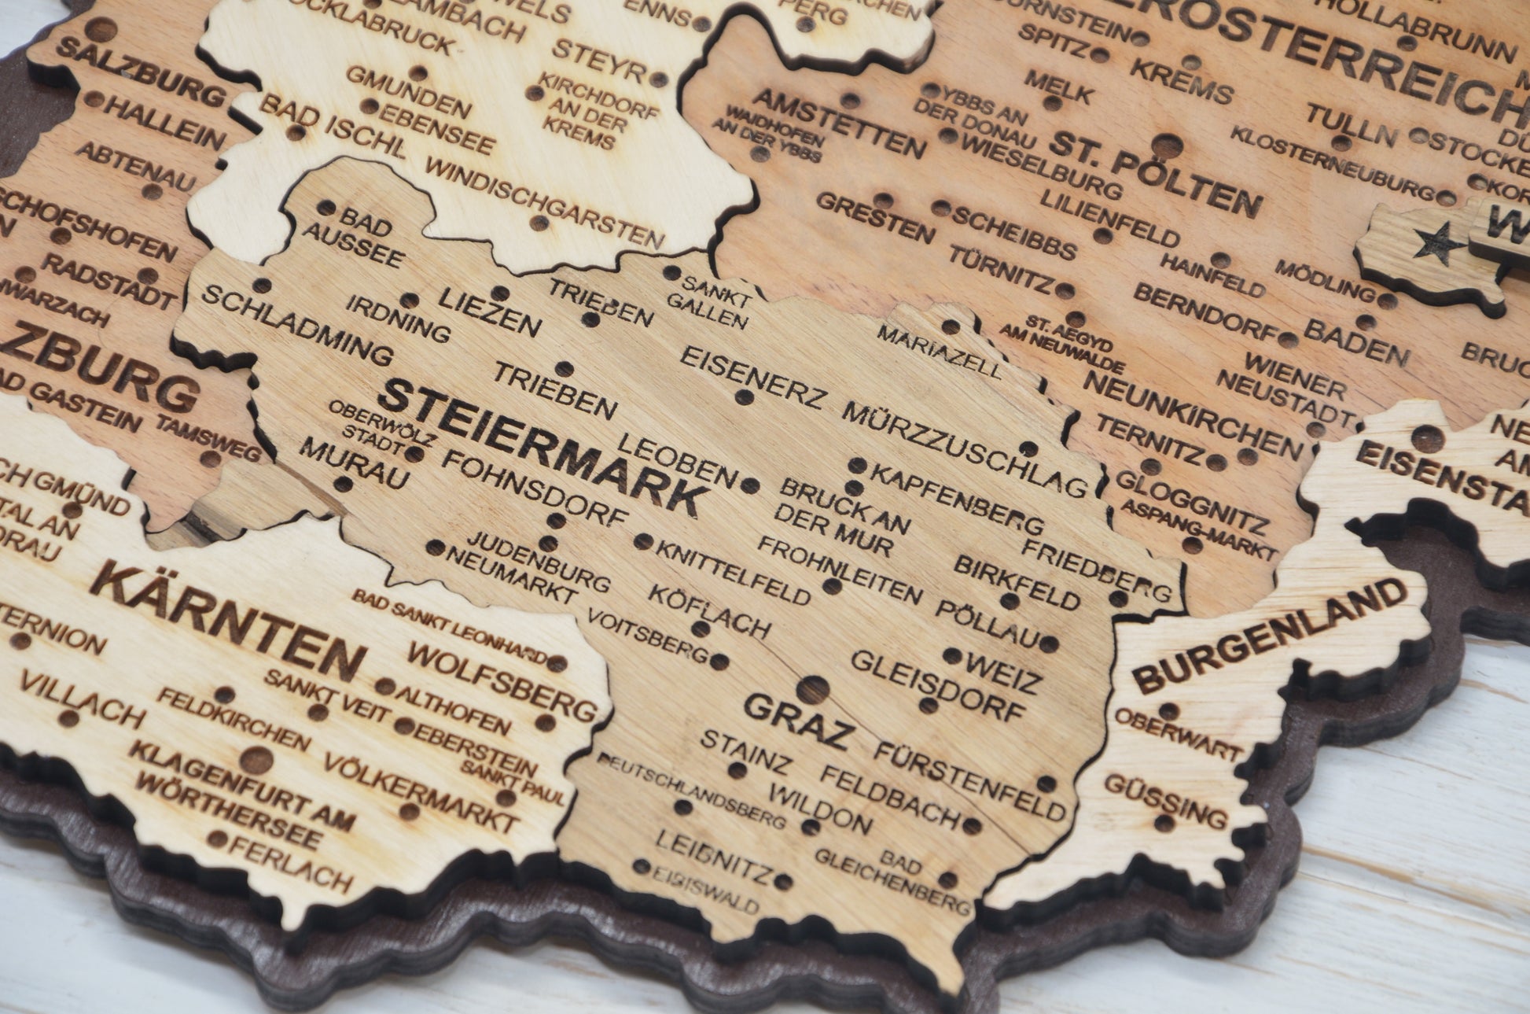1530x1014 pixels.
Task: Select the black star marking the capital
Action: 1428,242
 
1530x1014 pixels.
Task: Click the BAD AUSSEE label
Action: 354,241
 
